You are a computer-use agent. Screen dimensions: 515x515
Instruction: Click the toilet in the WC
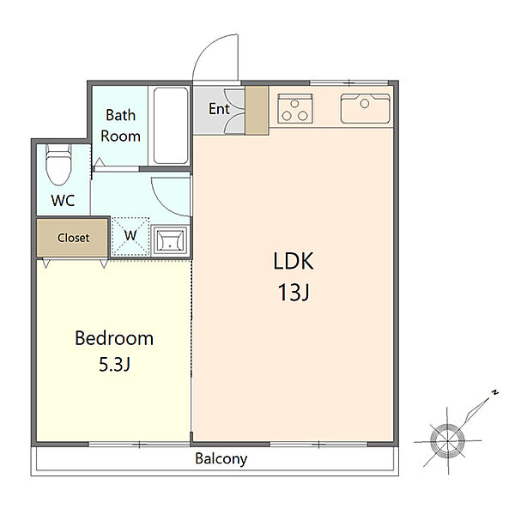click(58, 164)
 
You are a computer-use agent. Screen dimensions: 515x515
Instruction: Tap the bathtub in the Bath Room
click(171, 125)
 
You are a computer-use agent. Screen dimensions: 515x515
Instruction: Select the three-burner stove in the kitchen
click(295, 109)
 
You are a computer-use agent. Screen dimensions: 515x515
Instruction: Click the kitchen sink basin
click(366, 109)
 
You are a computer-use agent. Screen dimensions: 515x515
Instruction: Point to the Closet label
click(73, 238)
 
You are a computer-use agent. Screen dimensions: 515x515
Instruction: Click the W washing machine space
click(130, 237)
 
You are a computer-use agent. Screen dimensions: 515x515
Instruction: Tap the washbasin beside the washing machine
click(170, 239)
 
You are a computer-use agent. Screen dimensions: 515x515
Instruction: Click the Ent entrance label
click(219, 109)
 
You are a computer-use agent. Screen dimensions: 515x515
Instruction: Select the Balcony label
click(221, 459)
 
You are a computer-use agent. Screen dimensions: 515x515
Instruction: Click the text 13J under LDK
click(294, 293)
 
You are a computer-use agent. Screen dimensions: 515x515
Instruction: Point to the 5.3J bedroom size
click(115, 364)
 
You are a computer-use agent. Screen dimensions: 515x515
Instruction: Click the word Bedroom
click(114, 338)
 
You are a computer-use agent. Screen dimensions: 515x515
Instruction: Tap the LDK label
click(294, 261)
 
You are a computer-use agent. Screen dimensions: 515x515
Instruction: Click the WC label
click(63, 200)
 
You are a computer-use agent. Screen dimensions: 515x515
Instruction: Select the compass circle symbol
click(447, 440)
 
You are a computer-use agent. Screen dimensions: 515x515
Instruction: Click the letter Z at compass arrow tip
click(494, 392)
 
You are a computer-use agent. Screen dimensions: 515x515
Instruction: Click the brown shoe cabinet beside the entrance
click(257, 110)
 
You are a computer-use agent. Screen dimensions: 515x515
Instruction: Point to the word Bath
click(120, 115)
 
